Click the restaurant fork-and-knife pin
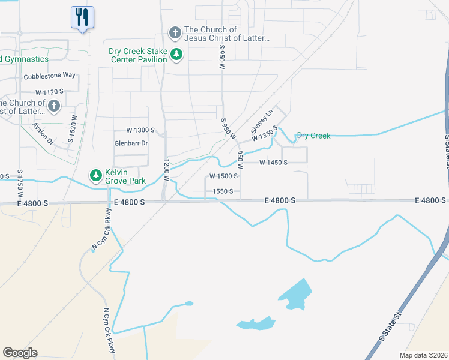point(82,17)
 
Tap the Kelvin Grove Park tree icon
point(95,176)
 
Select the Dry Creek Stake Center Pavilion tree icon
point(176,55)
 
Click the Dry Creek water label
point(313,136)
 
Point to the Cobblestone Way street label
point(49,76)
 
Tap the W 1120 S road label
point(49,92)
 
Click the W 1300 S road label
point(140,130)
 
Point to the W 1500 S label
point(223,176)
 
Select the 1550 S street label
point(222,191)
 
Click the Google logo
point(20,353)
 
